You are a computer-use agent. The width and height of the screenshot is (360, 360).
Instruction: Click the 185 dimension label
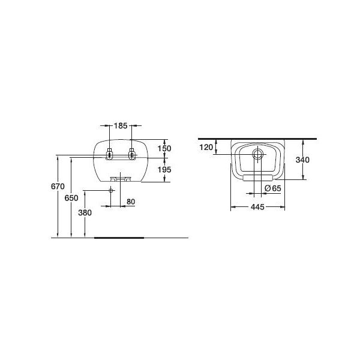[x=121, y=126]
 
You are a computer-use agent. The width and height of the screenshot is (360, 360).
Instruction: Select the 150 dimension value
[x=164, y=149]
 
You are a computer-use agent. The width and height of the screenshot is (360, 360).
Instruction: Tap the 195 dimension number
[x=164, y=170]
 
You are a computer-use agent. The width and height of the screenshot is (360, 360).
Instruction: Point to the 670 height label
[x=58, y=187]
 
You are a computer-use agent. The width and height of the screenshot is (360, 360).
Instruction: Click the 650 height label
[x=71, y=198]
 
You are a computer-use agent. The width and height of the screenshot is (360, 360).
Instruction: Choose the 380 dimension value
[x=85, y=213]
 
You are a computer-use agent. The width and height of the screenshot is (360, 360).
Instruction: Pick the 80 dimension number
[x=131, y=202]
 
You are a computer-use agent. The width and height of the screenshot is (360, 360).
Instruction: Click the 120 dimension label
[x=206, y=148]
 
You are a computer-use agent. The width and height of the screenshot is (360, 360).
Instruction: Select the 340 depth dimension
[x=302, y=160]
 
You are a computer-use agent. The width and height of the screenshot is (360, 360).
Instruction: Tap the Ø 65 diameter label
[x=273, y=188]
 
